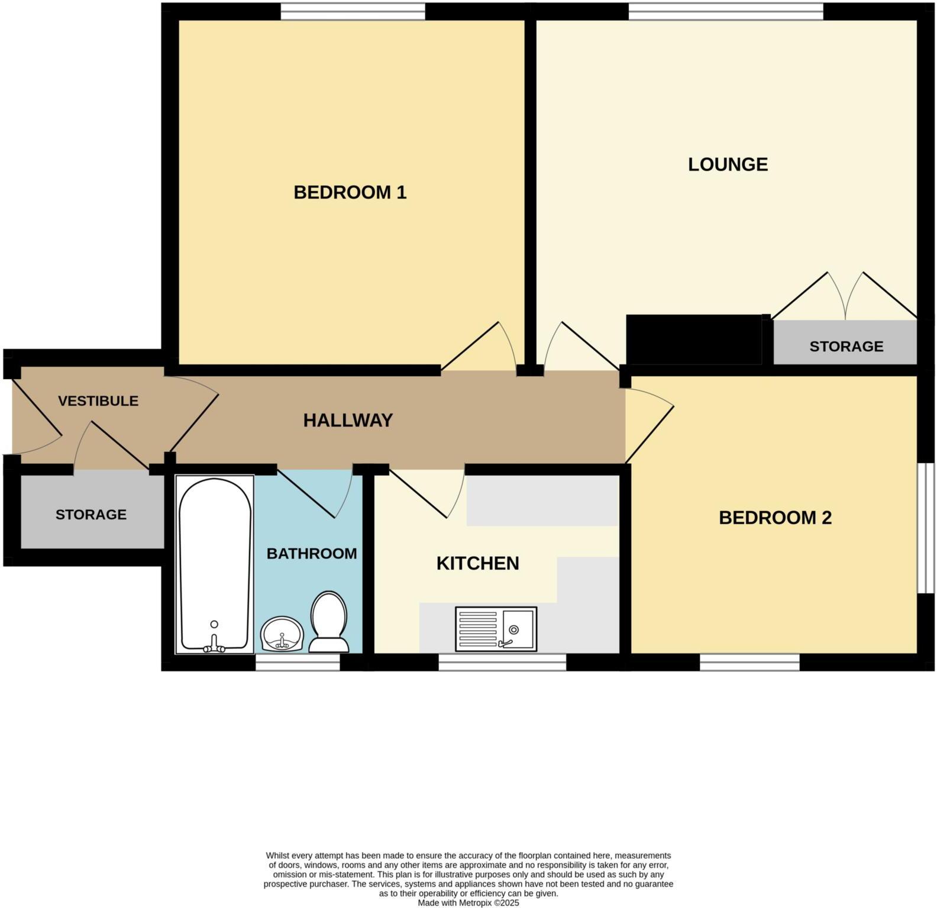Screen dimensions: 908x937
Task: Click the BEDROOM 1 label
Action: pos(350,192)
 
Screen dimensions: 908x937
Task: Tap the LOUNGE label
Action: pos(728,164)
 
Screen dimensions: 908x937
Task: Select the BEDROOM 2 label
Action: pos(775,518)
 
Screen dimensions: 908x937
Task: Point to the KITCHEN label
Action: pos(477,563)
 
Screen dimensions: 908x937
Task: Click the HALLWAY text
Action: pos(348,420)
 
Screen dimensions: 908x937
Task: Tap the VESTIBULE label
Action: pos(98,400)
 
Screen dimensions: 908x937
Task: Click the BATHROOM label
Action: pos(312,554)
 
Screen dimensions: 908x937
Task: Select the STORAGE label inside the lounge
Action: pos(846,346)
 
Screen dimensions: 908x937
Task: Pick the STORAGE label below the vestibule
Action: pos(91,515)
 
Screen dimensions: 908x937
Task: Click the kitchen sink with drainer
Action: pos(496,629)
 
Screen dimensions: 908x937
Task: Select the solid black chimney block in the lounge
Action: pos(693,340)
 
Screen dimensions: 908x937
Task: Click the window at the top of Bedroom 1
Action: pos(353,11)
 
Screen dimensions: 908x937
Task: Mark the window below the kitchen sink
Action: pos(502,662)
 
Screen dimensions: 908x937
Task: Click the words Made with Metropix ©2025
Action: pos(468,903)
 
